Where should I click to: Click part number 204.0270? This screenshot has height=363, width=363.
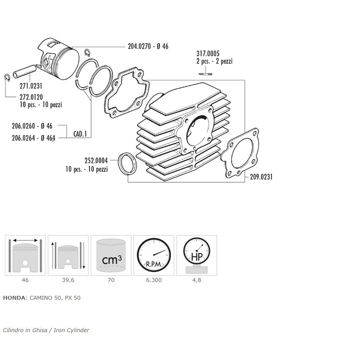click(139, 46)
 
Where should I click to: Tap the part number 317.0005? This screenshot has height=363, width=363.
click(208, 54)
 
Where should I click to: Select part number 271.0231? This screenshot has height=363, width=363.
click(31, 86)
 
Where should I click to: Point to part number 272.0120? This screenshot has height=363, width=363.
click(31, 97)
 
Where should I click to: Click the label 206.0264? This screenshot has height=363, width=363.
click(24, 138)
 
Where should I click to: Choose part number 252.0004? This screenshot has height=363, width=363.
click(96, 161)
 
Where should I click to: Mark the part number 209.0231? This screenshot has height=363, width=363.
click(261, 177)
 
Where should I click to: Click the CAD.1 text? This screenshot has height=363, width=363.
click(80, 134)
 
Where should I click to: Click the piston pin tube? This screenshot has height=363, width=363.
click(25, 71)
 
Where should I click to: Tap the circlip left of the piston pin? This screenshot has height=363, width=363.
click(7, 78)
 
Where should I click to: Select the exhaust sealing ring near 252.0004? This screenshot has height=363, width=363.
click(128, 164)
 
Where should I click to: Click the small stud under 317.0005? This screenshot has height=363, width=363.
click(205, 74)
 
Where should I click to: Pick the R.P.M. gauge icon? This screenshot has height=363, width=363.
click(154, 255)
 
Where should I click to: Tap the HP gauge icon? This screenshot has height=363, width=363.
click(197, 255)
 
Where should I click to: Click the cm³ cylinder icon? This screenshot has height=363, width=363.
click(111, 255)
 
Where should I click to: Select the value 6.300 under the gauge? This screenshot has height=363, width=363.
click(154, 280)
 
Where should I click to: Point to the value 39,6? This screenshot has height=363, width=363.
click(68, 280)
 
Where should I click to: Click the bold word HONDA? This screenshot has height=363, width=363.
click(14, 298)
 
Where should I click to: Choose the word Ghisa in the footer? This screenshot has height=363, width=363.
click(39, 330)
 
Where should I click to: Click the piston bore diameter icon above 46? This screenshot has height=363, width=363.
click(25, 255)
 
